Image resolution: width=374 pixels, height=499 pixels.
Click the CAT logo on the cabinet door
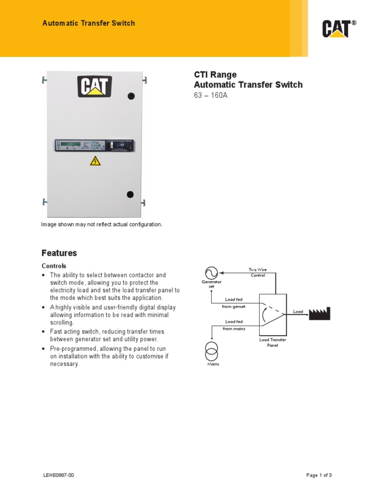coord(94,86)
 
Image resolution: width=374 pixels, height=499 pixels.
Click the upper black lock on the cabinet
coord(131,96)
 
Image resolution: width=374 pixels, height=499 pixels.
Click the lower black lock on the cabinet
coord(130,194)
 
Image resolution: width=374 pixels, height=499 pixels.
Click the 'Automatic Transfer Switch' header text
coord(89,23)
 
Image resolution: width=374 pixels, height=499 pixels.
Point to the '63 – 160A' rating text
coord(210,95)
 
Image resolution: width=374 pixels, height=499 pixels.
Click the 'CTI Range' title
coord(215,75)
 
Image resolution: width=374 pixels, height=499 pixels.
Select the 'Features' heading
coord(59,253)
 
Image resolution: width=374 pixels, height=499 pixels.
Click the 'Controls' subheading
coord(54,266)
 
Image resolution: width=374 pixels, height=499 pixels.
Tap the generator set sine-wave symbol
coord(211,272)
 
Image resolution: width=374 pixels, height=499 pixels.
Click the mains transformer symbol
coord(211,350)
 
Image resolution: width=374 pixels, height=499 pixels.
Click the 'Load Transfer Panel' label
coord(272,343)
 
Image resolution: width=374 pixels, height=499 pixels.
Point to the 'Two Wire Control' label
coord(258,272)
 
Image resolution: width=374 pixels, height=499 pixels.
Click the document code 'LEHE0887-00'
coord(58,475)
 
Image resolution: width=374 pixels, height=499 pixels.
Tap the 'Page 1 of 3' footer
coord(319,475)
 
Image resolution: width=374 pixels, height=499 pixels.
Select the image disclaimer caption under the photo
coord(101,224)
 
